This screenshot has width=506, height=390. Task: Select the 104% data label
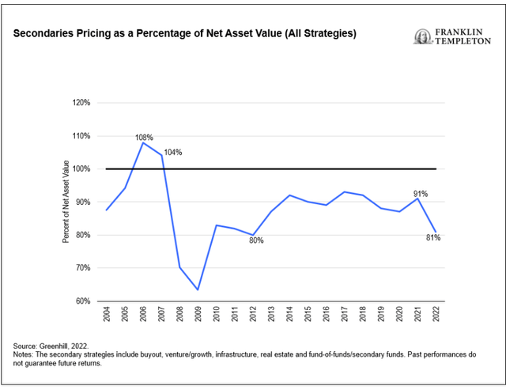point(173,152)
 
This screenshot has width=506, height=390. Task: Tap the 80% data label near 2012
point(255,240)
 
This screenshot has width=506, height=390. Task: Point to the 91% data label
point(419,192)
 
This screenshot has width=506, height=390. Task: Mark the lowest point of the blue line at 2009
point(197,290)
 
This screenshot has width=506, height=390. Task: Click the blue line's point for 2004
point(106,210)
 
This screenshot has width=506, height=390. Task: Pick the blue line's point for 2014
point(289,195)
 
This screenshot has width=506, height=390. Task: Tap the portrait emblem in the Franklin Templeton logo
point(421,36)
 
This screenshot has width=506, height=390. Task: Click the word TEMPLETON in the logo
point(462,42)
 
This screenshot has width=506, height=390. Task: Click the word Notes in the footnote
point(24,355)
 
